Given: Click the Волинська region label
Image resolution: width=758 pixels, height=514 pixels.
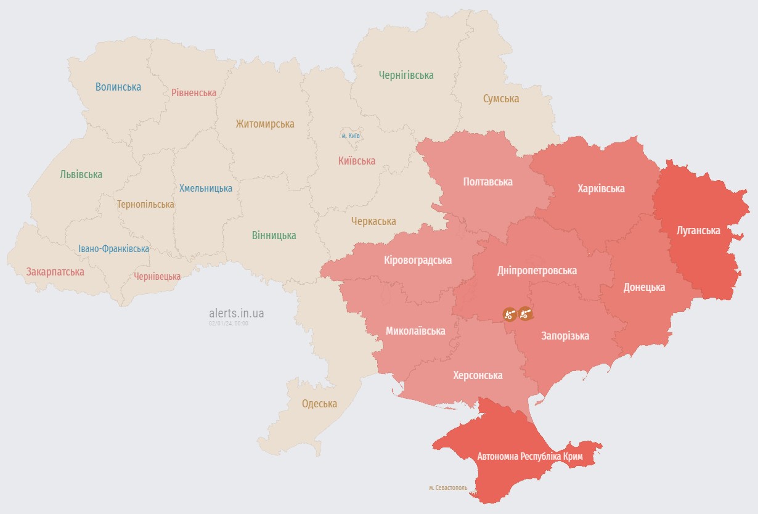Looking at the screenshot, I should coord(118,87).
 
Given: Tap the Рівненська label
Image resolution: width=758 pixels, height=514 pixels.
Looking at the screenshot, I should coord(194,92).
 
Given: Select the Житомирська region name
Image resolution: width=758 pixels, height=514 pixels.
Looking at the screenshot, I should coord(264,124).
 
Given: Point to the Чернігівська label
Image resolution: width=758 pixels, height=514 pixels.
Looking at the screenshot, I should coord(405,75).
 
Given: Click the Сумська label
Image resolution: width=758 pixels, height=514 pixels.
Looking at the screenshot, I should coord(500,99).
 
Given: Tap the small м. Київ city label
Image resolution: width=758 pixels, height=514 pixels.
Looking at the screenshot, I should coord(351,135).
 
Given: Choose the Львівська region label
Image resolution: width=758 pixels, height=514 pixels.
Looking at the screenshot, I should coord(81,174).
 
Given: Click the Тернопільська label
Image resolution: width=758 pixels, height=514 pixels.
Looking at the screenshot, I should coord(145,204).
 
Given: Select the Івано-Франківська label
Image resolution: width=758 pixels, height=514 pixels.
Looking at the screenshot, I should coord(113,249).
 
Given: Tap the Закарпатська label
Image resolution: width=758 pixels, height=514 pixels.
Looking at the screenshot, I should coord(55,271).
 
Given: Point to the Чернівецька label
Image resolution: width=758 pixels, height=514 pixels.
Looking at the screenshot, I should coord(157,276).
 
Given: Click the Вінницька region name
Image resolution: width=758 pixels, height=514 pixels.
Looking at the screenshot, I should coord(274,235).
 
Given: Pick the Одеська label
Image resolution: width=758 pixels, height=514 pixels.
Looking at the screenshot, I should coord(319,404).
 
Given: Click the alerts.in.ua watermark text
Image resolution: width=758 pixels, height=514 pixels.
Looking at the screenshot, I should coord(236,314).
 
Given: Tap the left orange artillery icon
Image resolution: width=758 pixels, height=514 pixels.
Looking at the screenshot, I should coord(509,314).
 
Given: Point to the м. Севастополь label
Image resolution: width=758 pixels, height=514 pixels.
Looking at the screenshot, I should coord(448,487).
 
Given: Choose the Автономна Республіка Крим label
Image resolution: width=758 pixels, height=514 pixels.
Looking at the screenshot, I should coord(529,457).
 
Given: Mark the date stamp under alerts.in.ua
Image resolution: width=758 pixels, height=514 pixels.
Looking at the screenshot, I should coord(228,323).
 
